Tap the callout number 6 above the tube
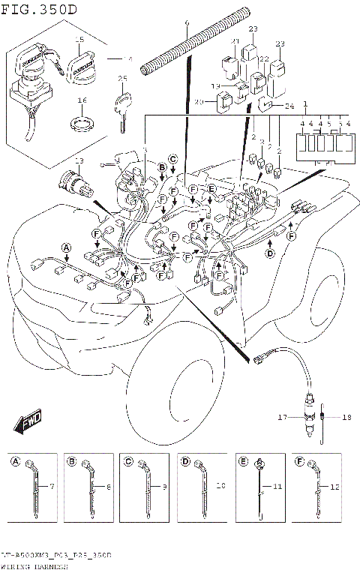[187, 23]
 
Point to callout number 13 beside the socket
[79, 161]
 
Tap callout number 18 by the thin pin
[346, 417]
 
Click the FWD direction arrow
[31, 421]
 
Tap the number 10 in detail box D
[220, 487]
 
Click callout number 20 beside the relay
[199, 101]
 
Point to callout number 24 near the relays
[289, 106]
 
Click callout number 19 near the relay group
[215, 86]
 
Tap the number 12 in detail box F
[335, 487]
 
